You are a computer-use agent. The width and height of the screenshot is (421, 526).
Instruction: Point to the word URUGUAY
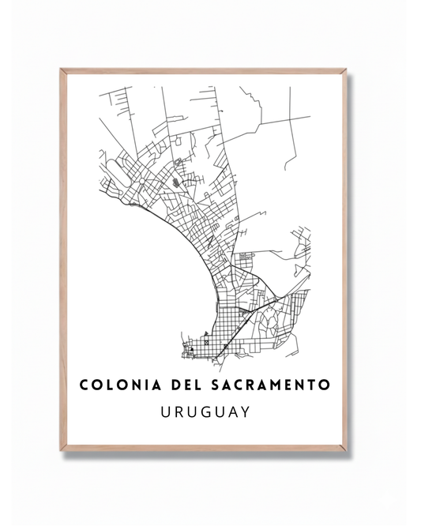205,411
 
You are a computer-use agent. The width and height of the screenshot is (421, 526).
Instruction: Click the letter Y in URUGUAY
246,411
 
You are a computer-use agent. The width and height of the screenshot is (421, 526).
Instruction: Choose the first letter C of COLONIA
85,385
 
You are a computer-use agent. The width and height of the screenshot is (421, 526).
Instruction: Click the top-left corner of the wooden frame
62,70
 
